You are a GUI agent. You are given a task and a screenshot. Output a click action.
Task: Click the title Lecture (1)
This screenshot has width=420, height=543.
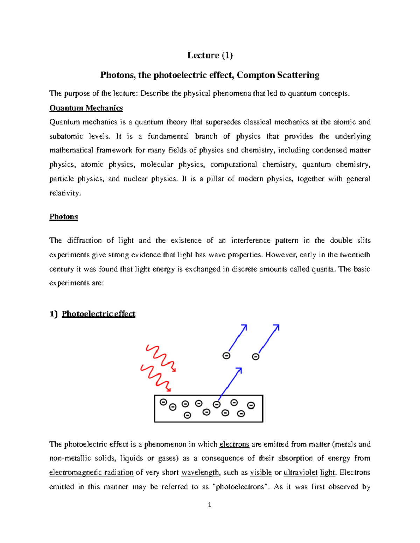(210, 55)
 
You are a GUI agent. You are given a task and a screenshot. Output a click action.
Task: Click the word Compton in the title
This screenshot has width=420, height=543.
(256, 75)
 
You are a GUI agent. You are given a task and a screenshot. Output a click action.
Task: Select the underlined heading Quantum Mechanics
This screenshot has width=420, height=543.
(86, 108)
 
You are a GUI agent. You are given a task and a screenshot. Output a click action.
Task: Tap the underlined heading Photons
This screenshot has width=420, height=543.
(63, 217)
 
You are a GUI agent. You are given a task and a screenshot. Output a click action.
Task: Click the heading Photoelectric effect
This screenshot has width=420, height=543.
(98, 314)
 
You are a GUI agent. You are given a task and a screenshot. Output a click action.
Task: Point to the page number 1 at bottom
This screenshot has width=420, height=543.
(209, 505)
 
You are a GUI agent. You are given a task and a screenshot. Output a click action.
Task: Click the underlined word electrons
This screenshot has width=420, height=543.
(234, 444)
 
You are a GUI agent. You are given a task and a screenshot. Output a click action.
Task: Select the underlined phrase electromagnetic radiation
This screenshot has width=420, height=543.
(91, 473)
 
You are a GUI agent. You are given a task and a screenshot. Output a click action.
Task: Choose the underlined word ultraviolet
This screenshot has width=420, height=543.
(300, 473)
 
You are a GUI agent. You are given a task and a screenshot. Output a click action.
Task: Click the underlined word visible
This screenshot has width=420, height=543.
(261, 473)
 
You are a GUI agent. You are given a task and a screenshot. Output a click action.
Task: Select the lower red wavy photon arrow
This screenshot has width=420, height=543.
(155, 378)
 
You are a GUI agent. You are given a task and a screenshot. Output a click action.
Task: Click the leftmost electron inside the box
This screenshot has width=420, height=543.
(163, 402)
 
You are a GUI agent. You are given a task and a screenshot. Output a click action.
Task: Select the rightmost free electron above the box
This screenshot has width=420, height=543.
(256, 357)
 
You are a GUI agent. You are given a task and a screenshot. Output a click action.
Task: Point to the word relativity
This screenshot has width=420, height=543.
(65, 193)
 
